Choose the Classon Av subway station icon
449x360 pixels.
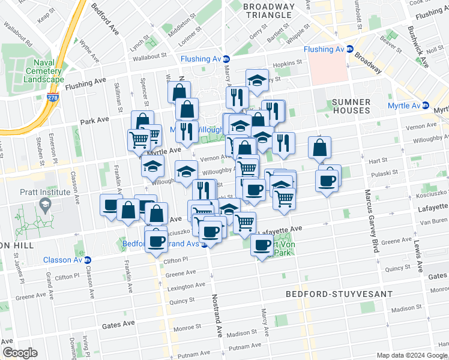click(88, 260)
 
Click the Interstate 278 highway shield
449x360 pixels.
click(55, 96)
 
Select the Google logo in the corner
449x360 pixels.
click(20, 353)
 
